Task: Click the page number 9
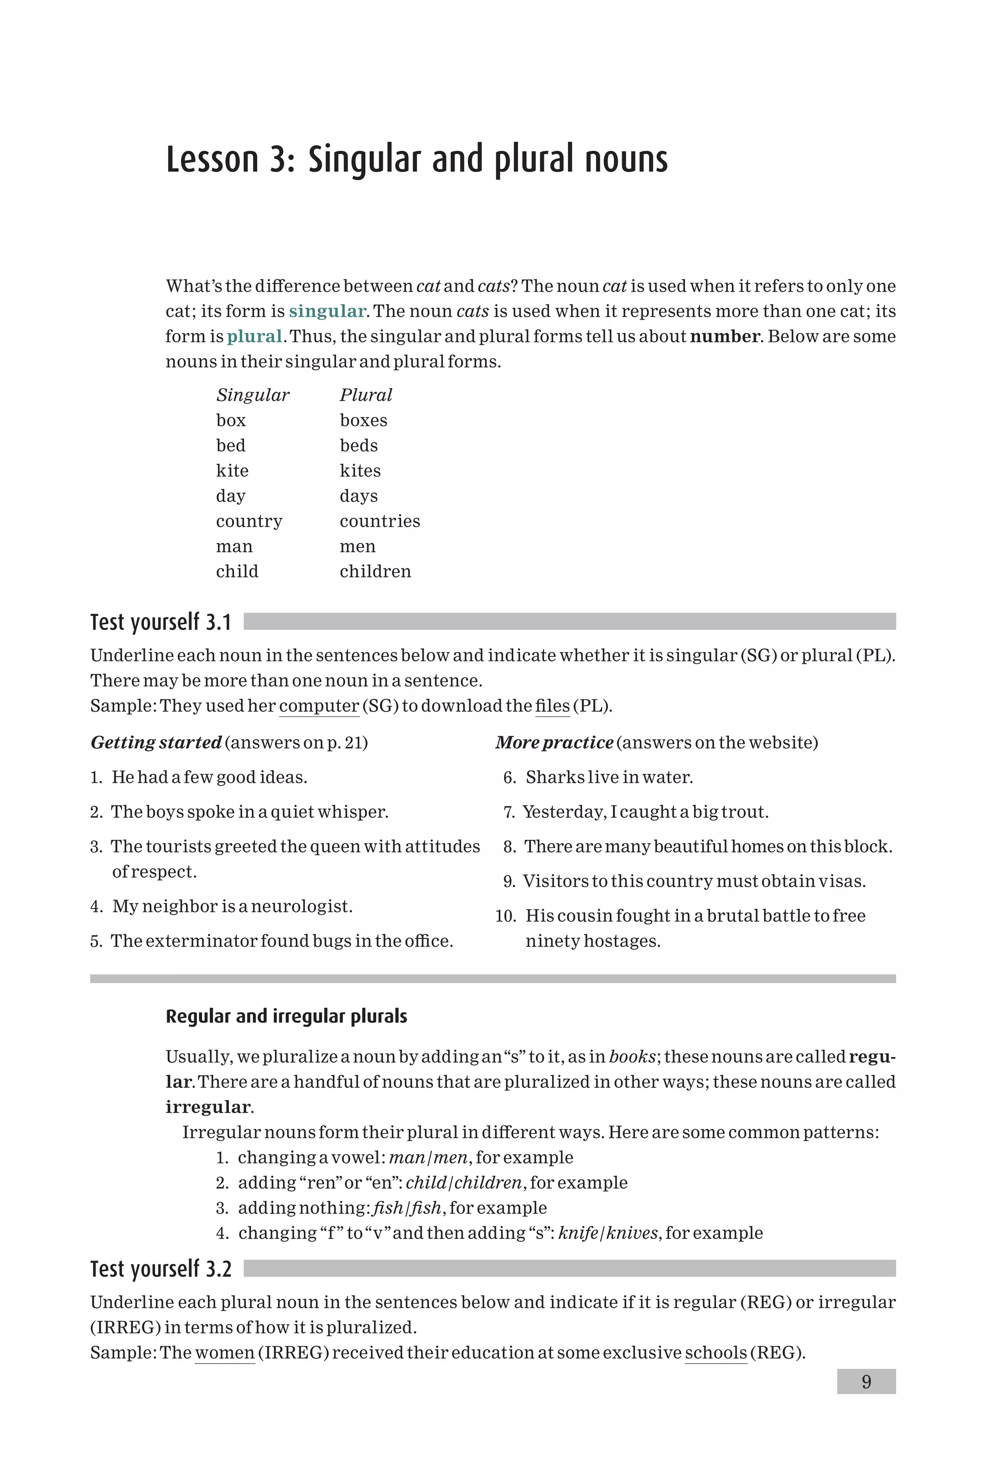(x=866, y=1381)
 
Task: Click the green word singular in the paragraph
(x=327, y=311)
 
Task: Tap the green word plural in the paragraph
(x=254, y=337)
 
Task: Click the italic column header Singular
(x=253, y=395)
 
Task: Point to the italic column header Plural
(x=366, y=395)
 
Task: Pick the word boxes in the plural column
(x=363, y=420)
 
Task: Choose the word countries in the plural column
(x=380, y=521)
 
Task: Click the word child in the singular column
(x=237, y=571)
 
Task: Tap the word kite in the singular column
(x=232, y=470)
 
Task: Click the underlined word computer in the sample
(x=319, y=705)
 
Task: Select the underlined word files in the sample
(x=552, y=705)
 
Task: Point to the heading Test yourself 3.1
(x=161, y=622)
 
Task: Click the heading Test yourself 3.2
(x=161, y=1269)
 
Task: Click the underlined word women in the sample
(x=224, y=1353)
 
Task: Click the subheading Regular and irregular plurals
(x=286, y=1016)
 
